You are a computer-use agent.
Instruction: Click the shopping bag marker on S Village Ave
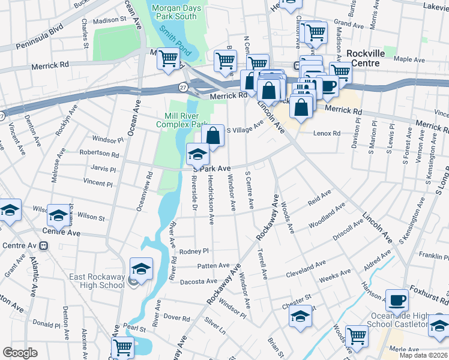pyautogui.click(x=213, y=136)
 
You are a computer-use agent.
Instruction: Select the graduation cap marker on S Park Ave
pyautogui.click(x=197, y=155)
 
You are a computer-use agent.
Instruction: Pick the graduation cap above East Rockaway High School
pyautogui.click(x=141, y=269)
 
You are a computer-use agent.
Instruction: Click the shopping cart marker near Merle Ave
pyautogui.click(x=357, y=337)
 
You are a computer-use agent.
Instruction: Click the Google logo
pyautogui.click(x=20, y=352)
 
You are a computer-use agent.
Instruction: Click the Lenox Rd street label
pyautogui.click(x=327, y=133)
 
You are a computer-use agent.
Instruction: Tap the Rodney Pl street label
pyautogui.click(x=193, y=251)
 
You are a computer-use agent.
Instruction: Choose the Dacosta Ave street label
pyautogui.click(x=203, y=281)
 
